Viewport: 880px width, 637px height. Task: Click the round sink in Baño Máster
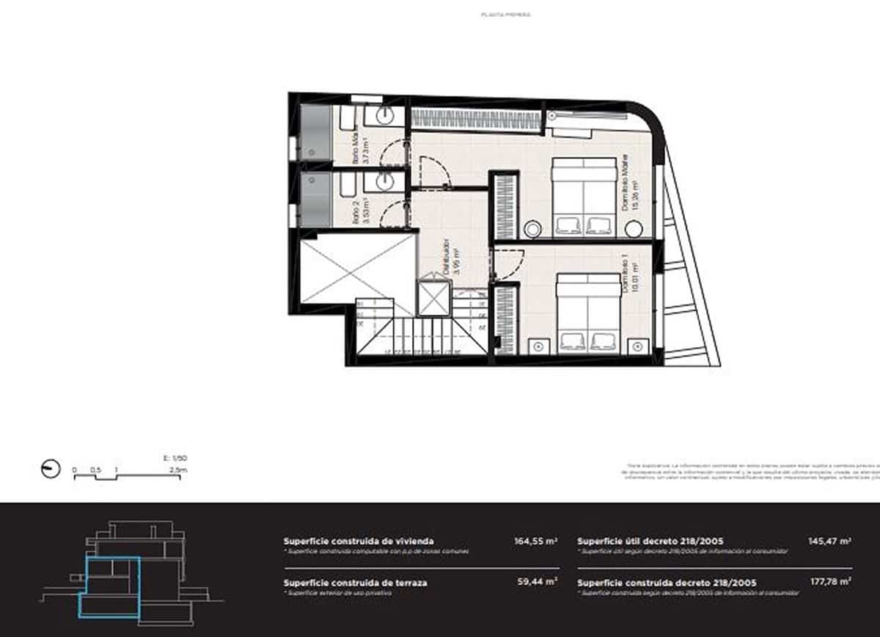(x=385, y=116)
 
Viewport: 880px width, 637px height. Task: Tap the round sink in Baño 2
(x=385, y=181)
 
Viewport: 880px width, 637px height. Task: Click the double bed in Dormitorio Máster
(x=584, y=196)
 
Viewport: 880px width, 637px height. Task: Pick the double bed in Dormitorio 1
(x=588, y=314)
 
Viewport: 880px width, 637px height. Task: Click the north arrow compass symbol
(x=51, y=469)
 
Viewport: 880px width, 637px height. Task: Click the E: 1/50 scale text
(x=170, y=458)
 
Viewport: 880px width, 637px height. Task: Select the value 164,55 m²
(x=536, y=541)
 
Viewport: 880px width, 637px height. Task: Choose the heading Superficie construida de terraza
(x=355, y=583)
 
